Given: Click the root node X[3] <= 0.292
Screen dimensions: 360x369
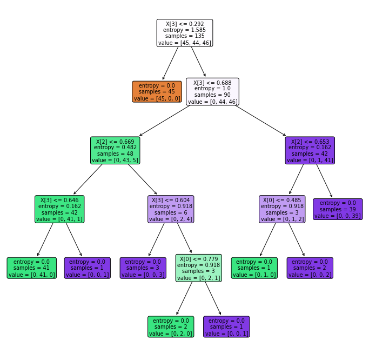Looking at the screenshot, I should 185,33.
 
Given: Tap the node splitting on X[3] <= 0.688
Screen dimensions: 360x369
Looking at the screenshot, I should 212,91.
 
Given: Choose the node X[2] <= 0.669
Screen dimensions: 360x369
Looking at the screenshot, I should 115,150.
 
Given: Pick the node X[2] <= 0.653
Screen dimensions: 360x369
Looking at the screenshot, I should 310,150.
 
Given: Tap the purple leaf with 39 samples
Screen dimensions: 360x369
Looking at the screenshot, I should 338,209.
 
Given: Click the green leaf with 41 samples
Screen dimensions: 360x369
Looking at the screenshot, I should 32,268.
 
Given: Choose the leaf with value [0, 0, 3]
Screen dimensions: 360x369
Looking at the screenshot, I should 143,268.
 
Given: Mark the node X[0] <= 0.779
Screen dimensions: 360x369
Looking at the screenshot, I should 198,268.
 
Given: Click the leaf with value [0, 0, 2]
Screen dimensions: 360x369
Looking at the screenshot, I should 310,268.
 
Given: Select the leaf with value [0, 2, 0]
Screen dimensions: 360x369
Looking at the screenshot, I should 171,326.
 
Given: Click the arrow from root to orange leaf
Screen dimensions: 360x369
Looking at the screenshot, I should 171,63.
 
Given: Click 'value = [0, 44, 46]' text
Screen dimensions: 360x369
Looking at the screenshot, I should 212,101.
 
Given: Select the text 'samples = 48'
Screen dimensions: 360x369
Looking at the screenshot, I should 115,153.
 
